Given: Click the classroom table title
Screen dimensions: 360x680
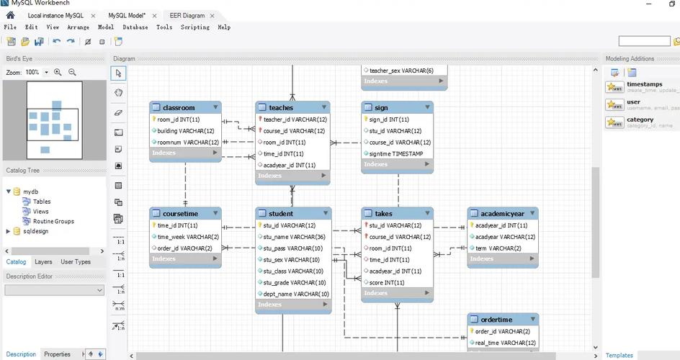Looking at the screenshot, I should (179, 108).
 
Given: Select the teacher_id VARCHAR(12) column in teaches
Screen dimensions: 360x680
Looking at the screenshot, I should (295, 120).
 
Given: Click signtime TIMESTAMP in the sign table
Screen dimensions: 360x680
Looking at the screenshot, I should (397, 153).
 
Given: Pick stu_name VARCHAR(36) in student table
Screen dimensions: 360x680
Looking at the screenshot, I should (294, 237).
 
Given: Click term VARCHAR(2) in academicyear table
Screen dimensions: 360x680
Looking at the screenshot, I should (498, 248).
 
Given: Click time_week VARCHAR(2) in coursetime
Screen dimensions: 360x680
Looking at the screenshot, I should (188, 237).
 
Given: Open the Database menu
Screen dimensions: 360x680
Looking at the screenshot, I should (135, 27).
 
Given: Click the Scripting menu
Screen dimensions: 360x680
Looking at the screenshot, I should (194, 27).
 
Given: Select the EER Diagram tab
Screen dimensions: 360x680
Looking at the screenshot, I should (187, 15).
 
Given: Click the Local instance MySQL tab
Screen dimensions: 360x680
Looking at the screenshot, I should (55, 15).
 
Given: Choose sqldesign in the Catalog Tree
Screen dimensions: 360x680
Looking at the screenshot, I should (35, 231).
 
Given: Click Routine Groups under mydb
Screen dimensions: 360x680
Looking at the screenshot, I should (53, 221).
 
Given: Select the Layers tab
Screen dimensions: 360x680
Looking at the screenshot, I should (43, 262).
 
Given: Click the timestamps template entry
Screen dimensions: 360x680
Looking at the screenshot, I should (644, 85).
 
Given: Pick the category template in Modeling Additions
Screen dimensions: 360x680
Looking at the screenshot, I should (640, 120).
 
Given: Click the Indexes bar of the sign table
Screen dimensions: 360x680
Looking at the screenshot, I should (397, 164).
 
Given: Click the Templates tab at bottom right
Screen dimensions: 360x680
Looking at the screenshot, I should (619, 355).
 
